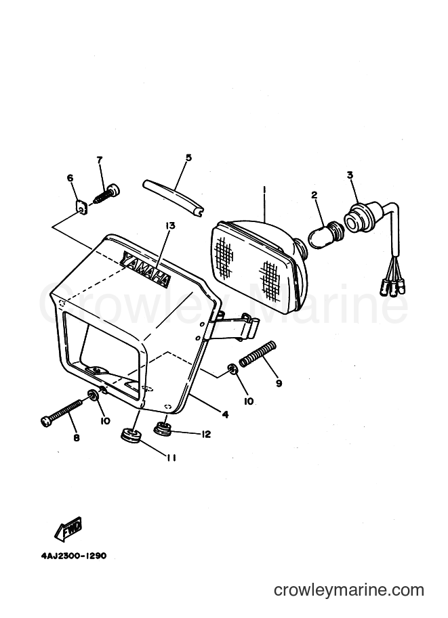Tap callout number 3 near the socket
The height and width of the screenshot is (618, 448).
[x=350, y=175]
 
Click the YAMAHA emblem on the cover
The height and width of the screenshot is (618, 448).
[x=146, y=269]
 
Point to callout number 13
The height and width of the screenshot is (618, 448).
[x=170, y=226]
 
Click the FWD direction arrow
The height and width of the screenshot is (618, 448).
[x=69, y=527]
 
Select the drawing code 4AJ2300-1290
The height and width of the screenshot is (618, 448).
[x=73, y=556]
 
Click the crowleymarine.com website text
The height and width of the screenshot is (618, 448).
[x=349, y=590]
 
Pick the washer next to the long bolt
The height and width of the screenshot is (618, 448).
[x=94, y=394]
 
